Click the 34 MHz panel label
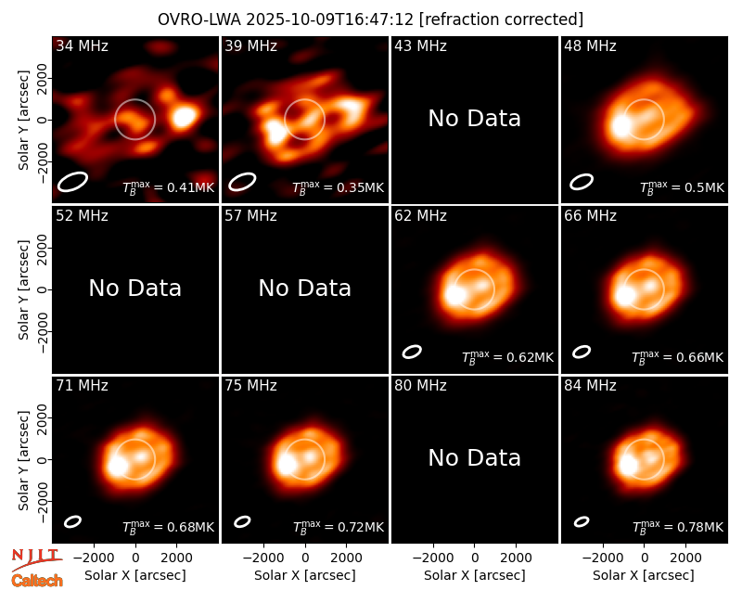point(82,45)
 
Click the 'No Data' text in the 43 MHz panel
point(475,119)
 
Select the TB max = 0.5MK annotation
point(682,187)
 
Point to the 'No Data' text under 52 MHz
point(135,288)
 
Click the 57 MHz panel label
point(250,216)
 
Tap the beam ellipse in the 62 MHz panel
point(412,352)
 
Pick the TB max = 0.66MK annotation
point(678,357)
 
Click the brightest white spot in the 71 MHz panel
point(117,466)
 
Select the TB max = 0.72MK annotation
point(338,527)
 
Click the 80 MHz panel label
point(420,386)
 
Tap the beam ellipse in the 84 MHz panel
point(582,521)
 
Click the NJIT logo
point(36,559)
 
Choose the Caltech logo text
point(37,581)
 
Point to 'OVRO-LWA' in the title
point(199,19)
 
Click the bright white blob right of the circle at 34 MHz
point(184,117)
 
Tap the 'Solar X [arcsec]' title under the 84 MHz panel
point(644,575)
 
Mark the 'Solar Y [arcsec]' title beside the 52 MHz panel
point(24,289)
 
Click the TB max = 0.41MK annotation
point(169,187)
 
